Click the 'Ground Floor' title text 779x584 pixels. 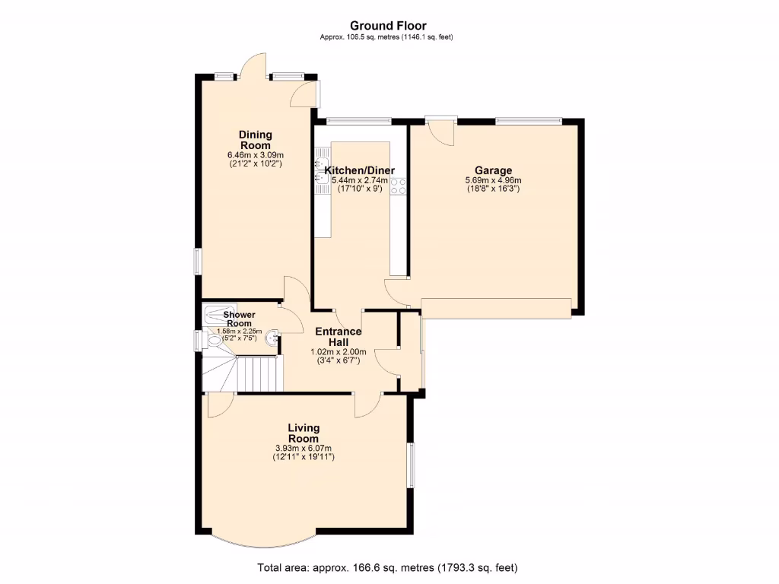coord(389,26)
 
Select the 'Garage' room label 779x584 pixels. coord(493,170)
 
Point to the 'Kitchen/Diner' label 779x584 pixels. coord(360,171)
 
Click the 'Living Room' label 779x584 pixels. coord(304,433)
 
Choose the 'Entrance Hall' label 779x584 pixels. coord(339,337)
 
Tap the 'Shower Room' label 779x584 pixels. coord(239,319)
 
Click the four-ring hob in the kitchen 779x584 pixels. coord(399,186)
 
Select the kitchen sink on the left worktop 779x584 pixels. coord(321,168)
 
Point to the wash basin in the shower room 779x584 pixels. coord(273,335)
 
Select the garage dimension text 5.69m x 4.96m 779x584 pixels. coord(493,180)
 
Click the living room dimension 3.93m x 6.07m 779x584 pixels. coord(304,448)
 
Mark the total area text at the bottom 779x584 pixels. coord(389,567)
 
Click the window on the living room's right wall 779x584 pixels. coord(410,465)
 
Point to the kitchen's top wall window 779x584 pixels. coord(358,120)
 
